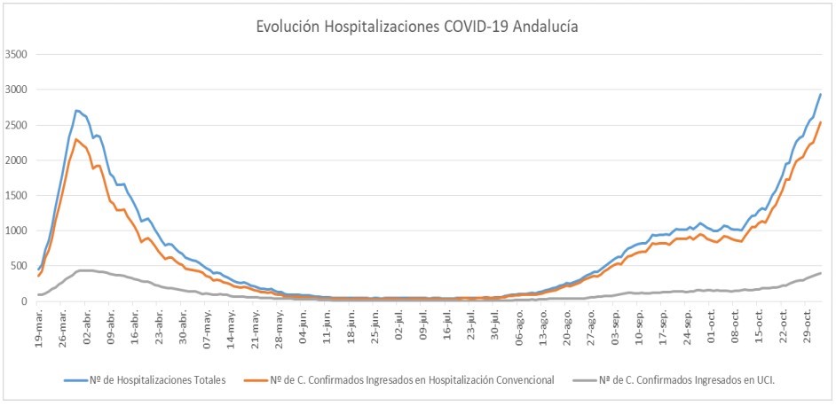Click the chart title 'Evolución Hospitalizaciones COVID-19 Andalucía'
(x=417, y=27)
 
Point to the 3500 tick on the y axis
(x=16, y=54)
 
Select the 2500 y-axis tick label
(x=16, y=125)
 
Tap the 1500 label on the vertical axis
(x=16, y=195)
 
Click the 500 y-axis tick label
(x=19, y=266)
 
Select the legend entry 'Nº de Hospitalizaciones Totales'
(x=147, y=380)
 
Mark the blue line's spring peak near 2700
(x=77, y=111)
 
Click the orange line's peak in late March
(x=76, y=139)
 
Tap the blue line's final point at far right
(x=821, y=94)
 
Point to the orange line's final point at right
(x=821, y=122)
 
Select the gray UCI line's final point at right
(x=821, y=273)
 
